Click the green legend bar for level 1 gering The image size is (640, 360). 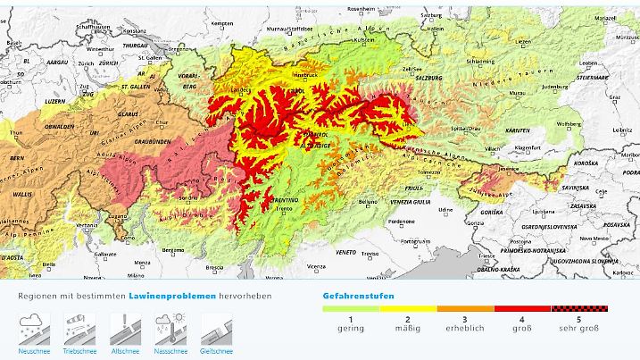pyautogui.click(x=351, y=308)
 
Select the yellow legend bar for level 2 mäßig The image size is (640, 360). pyautogui.click(x=408, y=308)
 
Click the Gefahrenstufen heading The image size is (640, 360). pyautogui.click(x=358, y=295)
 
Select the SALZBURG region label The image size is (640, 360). pyautogui.click(x=428, y=79)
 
